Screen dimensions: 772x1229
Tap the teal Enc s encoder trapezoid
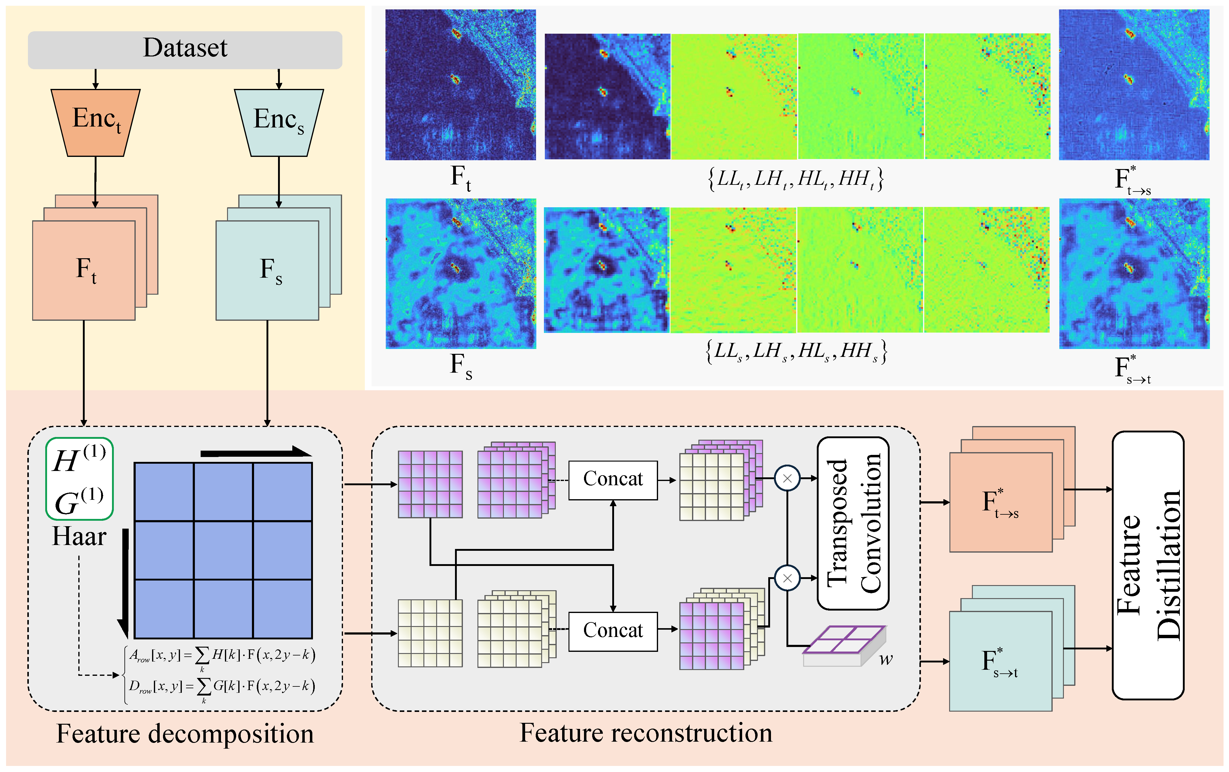click(279, 123)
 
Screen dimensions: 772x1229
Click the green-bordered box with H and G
click(79, 479)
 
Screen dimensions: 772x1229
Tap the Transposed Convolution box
click(853, 523)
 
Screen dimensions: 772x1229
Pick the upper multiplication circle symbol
click(787, 479)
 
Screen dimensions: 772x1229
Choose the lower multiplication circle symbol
click(787, 578)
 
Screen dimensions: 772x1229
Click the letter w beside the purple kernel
click(886, 659)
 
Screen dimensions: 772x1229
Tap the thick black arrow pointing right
click(255, 452)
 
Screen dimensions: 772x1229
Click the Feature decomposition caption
click(185, 734)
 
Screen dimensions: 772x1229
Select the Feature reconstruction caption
click(646, 733)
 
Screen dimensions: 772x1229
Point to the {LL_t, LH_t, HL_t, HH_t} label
click(795, 178)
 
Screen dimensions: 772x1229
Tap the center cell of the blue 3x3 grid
click(223, 550)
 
